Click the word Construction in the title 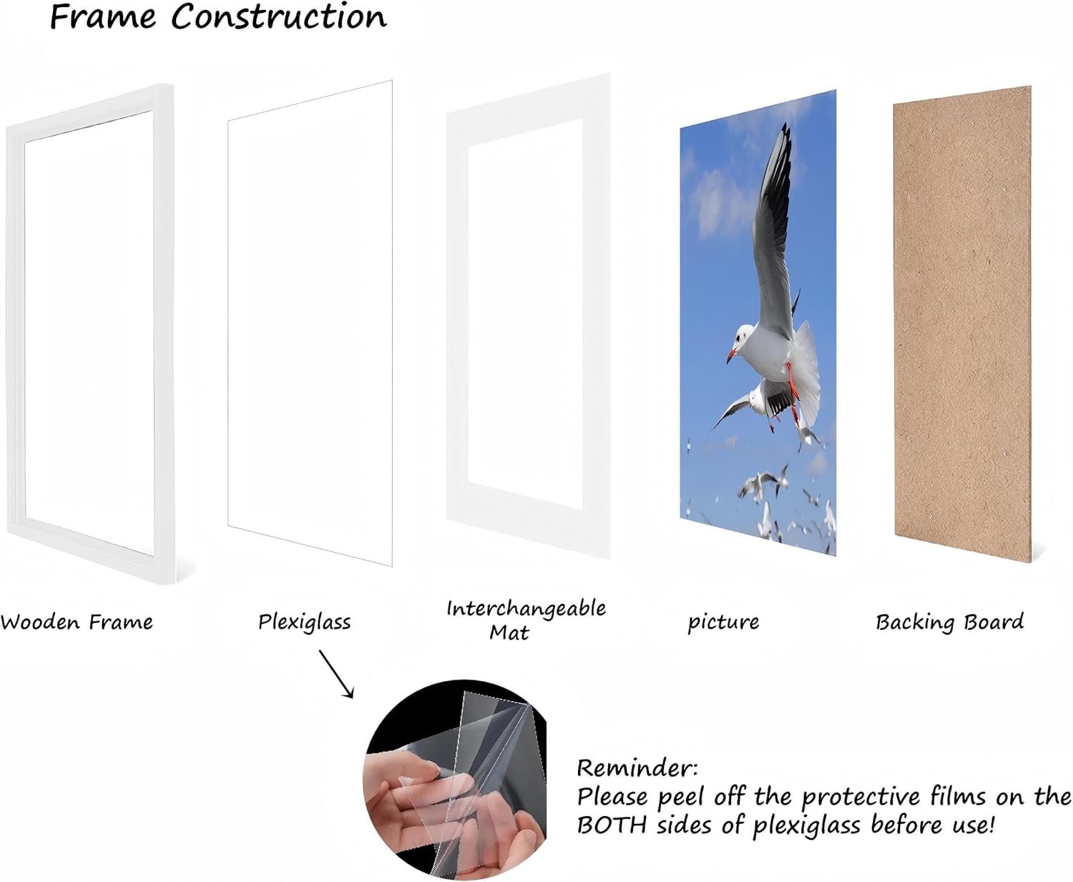(279, 16)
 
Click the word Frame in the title (102, 16)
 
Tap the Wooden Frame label (77, 622)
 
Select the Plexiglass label (305, 622)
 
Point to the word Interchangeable (526, 609)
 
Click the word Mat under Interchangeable (509, 632)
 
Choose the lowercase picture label (723, 622)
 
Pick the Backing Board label (949, 622)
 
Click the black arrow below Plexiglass (336, 673)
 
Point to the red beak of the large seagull (731, 355)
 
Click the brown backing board (962, 322)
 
